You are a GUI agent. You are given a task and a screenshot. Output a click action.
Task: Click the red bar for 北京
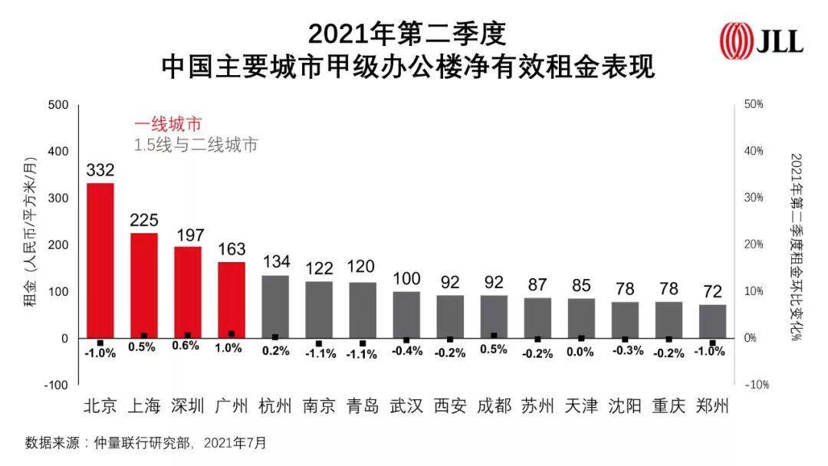(100, 260)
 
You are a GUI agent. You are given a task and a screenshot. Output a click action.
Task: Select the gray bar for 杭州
(275, 307)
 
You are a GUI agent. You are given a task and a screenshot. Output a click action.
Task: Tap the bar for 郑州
(712, 321)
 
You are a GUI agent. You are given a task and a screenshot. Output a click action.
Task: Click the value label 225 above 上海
(143, 221)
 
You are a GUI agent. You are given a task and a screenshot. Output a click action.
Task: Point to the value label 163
(232, 249)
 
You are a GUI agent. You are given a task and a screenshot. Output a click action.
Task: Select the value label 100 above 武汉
(406, 278)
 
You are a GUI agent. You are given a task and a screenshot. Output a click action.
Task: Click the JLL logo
(761, 39)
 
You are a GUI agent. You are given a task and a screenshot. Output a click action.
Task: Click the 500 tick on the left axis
(58, 104)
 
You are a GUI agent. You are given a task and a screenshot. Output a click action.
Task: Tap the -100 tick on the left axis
(55, 385)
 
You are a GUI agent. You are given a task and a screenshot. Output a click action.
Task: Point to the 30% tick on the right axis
(754, 198)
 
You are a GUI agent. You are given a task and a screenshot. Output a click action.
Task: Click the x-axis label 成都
(494, 406)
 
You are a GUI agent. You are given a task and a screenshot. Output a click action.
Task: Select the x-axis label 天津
(581, 406)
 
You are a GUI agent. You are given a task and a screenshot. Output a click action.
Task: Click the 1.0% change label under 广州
(228, 348)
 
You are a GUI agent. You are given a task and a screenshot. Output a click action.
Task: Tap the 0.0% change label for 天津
(580, 352)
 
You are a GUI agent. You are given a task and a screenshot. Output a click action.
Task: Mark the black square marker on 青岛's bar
(363, 343)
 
